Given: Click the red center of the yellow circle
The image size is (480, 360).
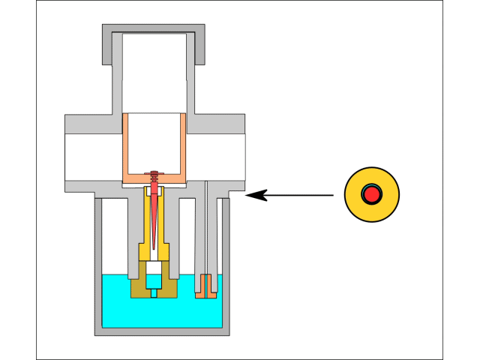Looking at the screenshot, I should click(x=371, y=194).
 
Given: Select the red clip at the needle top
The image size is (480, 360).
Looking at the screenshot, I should click(x=154, y=175).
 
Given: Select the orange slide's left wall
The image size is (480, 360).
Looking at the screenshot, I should click(x=124, y=146).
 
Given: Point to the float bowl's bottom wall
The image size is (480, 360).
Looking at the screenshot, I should click(x=161, y=331).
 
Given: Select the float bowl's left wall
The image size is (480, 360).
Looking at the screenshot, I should click(x=97, y=262).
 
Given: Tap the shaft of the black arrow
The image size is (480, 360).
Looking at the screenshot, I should click(x=300, y=195).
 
